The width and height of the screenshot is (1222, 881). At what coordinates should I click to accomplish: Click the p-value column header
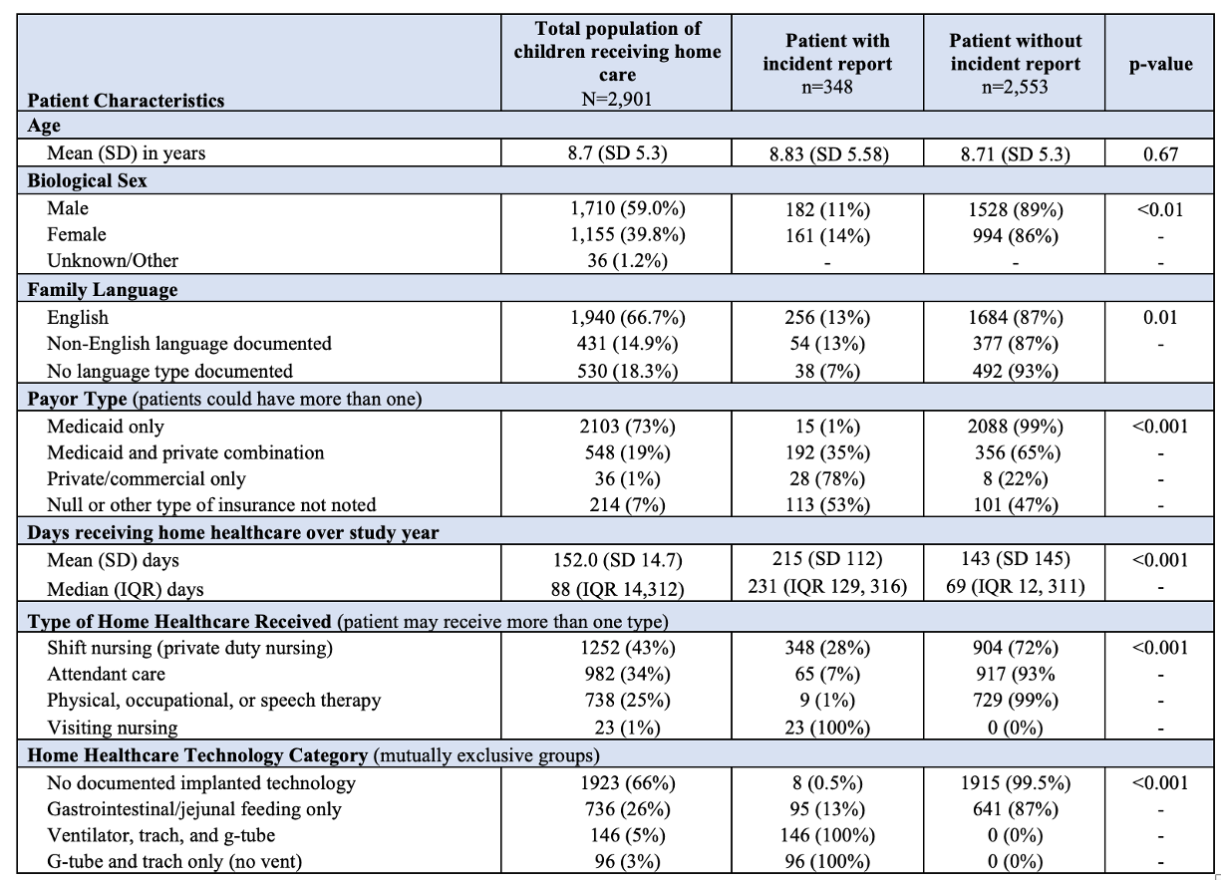click(1160, 65)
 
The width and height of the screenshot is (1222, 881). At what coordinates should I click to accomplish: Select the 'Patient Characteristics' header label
click(126, 101)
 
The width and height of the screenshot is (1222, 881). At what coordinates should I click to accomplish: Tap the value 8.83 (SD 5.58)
click(828, 154)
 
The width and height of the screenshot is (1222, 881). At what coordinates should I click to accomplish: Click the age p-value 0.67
click(1160, 154)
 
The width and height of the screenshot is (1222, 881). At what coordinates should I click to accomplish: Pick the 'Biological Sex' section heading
click(88, 180)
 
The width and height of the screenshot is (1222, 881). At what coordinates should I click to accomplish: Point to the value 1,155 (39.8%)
click(628, 234)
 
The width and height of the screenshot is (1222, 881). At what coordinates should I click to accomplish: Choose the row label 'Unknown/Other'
click(113, 261)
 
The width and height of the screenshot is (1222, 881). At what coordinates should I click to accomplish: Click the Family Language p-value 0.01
click(1160, 318)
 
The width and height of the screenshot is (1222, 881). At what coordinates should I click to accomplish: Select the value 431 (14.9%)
click(627, 344)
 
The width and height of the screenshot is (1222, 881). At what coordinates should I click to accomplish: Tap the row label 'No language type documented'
click(169, 372)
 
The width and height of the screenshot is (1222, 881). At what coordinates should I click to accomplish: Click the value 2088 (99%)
click(1016, 427)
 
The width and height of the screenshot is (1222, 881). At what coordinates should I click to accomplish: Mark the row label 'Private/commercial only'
click(147, 479)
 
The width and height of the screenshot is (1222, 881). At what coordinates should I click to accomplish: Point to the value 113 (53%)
click(827, 505)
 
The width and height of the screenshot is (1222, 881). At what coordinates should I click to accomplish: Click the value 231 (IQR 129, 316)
click(827, 586)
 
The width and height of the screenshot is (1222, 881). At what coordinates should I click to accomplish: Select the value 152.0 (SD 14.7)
click(618, 560)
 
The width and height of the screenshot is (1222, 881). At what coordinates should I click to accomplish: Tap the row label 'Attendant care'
click(106, 675)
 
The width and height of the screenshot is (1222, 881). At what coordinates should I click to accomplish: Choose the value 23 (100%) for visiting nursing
click(827, 728)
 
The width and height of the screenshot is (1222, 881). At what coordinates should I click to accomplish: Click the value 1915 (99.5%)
click(1016, 783)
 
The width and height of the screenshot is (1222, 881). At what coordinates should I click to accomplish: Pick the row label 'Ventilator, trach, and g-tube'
click(160, 836)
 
